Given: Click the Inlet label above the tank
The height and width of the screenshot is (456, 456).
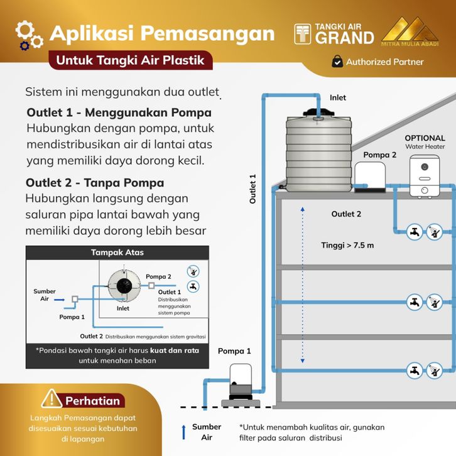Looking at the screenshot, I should coord(337,98).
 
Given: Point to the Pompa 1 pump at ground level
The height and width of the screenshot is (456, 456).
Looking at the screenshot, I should coord(239,380).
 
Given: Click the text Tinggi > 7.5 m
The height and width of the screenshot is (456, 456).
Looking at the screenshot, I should coord(347,245).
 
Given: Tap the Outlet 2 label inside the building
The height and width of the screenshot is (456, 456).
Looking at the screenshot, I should coord(346,214).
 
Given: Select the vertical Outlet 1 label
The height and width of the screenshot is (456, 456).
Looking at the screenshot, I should coord(253,189).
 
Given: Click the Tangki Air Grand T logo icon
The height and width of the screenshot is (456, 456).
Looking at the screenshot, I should coord(303,34).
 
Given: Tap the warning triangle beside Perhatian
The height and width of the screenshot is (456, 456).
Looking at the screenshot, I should coord(51,399).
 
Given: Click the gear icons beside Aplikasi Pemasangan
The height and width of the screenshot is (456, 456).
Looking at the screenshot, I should coord(28,35).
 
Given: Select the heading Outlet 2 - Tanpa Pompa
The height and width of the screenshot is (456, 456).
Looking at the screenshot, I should coord(95,183).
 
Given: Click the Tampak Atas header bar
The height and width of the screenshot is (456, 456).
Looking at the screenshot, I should coord(117,252).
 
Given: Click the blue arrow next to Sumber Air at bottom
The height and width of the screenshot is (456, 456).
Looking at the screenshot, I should coord(184,432).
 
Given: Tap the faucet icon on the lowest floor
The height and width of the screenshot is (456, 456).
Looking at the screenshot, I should coord(415,370).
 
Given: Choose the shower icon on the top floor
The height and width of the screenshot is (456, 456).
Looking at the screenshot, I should coord(435,233).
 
